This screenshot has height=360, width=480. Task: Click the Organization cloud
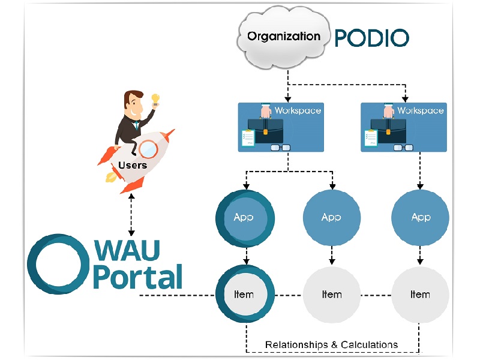pyautogui.click(x=283, y=37)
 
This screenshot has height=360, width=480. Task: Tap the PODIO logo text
pyautogui.click(x=371, y=38)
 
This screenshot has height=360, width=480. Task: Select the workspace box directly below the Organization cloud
pyautogui.click(x=281, y=127)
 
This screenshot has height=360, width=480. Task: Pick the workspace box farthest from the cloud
pyautogui.click(x=404, y=127)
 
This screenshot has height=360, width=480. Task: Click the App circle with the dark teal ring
pyautogui.click(x=245, y=218)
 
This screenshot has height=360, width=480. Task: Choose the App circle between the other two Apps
pyautogui.click(x=332, y=218)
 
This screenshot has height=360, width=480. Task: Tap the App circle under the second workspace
pyautogui.click(x=421, y=218)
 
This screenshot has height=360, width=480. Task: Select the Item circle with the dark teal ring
pyautogui.click(x=245, y=294)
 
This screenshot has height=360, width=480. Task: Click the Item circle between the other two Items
pyautogui.click(x=332, y=295)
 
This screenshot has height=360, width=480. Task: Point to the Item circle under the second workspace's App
pyautogui.click(x=421, y=295)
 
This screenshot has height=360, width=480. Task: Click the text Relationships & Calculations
pyautogui.click(x=332, y=344)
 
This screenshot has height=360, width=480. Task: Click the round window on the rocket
pyautogui.click(x=148, y=149)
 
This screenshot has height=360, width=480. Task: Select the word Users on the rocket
pyautogui.click(x=133, y=166)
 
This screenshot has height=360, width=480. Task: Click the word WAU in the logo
pyautogui.click(x=127, y=251)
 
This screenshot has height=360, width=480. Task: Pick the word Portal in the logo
pyautogui.click(x=137, y=277)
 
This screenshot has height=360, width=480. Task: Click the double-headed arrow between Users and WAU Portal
pyautogui.click(x=131, y=215)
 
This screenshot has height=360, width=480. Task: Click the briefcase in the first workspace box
pyautogui.click(x=265, y=131)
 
